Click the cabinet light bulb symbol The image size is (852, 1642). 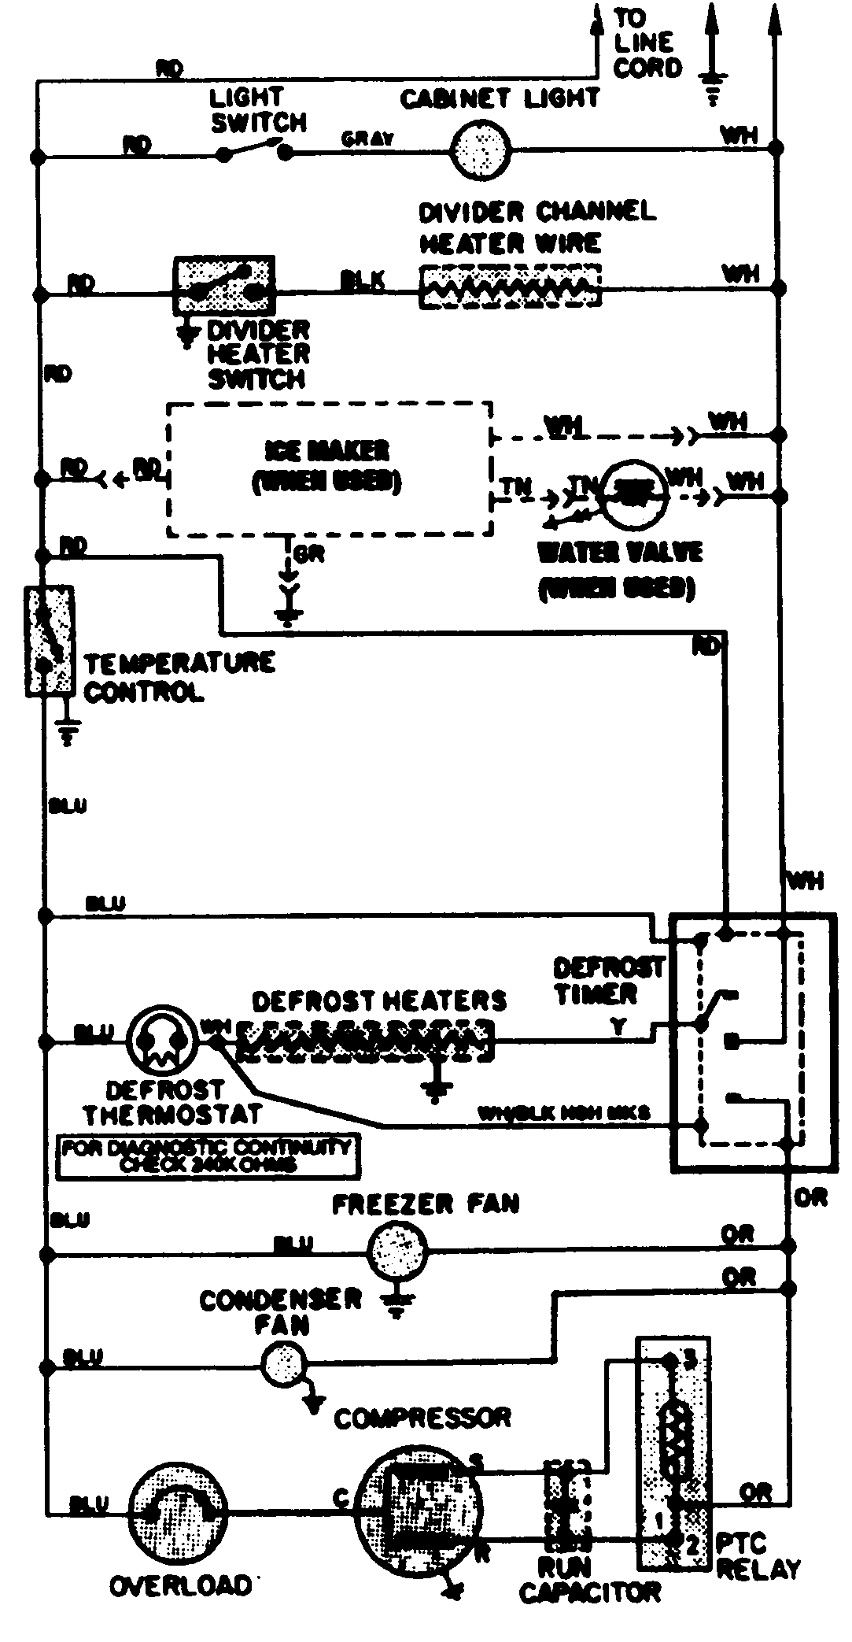coord(480,148)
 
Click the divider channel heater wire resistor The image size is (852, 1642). coord(510,287)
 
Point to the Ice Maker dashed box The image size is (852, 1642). coord(329,469)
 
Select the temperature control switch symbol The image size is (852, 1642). coord(50,640)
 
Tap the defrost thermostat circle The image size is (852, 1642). coord(160,1040)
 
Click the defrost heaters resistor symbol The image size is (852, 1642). coord(365,1041)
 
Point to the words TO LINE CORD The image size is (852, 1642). coord(647,43)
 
